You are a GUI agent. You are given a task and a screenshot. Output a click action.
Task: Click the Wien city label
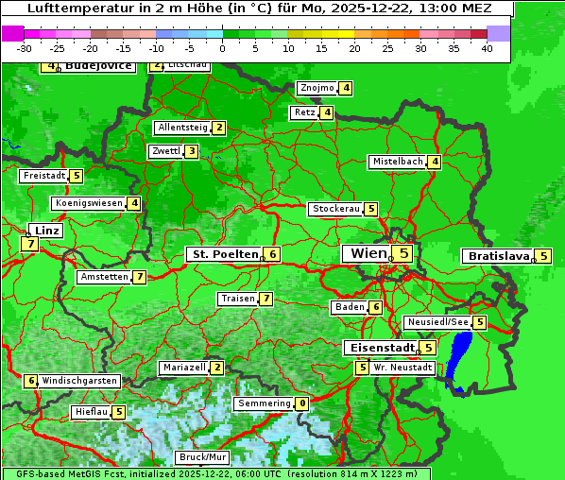(368, 253)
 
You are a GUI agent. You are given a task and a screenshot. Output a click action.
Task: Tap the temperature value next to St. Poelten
(272, 254)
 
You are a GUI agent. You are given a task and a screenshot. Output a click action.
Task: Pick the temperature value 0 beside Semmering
(302, 403)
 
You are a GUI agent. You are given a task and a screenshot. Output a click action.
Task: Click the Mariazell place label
(183, 367)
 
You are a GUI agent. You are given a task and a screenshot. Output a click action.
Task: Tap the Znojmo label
(317, 88)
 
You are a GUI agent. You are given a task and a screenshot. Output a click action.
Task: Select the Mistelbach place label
(397, 162)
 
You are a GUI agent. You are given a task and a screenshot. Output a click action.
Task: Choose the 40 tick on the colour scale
(487, 47)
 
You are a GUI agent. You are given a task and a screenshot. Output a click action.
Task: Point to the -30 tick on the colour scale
(25, 47)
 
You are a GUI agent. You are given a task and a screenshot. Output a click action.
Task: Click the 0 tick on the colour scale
(223, 47)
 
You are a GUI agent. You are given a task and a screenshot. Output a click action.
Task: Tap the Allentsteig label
(182, 128)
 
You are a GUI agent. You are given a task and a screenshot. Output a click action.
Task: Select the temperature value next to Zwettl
(192, 151)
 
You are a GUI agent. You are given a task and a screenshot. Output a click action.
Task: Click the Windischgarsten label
(80, 381)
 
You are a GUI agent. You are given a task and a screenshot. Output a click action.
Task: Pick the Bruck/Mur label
(203, 457)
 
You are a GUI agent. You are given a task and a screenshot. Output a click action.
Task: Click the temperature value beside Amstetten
(140, 277)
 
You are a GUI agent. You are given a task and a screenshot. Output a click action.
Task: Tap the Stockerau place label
(335, 209)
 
